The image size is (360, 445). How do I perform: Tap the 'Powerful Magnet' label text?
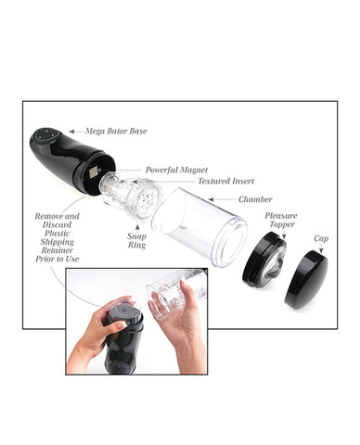point(176,170)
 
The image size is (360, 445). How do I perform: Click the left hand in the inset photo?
point(100,330)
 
